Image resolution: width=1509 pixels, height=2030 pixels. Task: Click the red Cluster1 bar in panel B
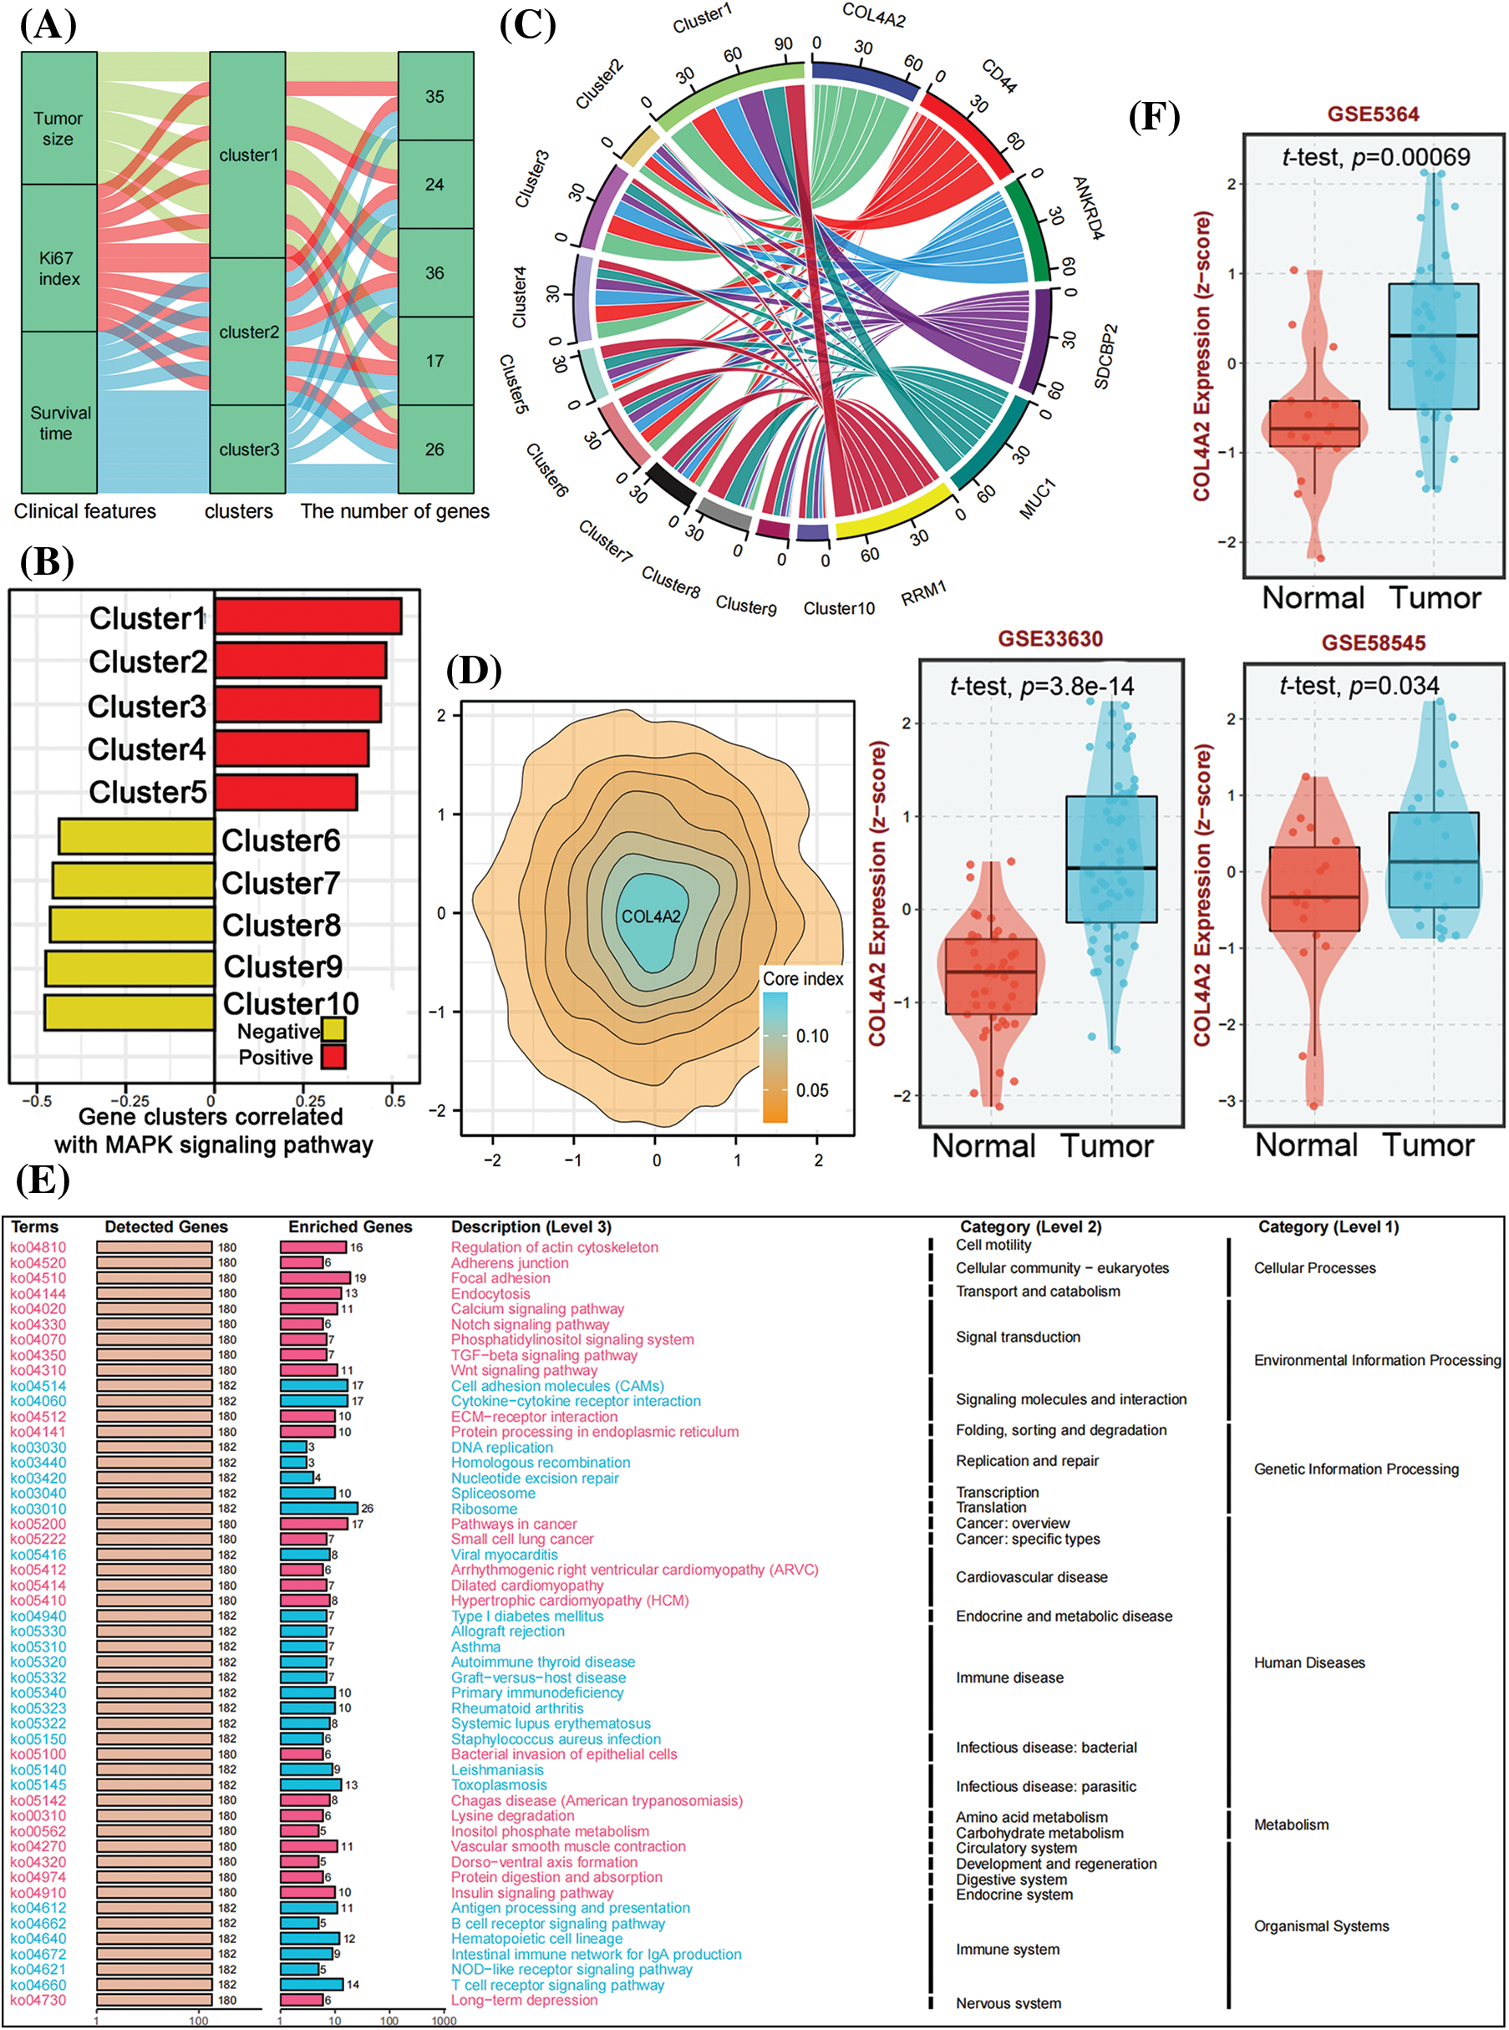pyautogui.click(x=307, y=617)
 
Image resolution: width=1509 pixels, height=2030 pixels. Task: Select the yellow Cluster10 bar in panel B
pyautogui.click(x=130, y=1012)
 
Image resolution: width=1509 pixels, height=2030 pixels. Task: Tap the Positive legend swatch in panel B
pyautogui.click(x=333, y=1058)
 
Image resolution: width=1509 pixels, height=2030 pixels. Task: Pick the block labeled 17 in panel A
pyautogui.click(x=434, y=361)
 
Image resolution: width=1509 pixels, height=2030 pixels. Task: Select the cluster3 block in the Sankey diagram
pyautogui.click(x=247, y=449)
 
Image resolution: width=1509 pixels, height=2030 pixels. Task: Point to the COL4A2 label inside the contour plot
pyautogui.click(x=650, y=916)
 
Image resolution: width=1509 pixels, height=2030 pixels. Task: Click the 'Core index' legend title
pyautogui.click(x=803, y=979)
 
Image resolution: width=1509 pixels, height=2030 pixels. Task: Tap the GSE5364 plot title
pyautogui.click(x=1373, y=114)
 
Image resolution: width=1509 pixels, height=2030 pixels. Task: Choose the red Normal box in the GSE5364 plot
pyautogui.click(x=1313, y=423)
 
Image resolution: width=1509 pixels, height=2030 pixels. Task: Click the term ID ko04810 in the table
pyautogui.click(x=38, y=1247)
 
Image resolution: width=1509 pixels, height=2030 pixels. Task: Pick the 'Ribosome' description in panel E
pyautogui.click(x=484, y=1510)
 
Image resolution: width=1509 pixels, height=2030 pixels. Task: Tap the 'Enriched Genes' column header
pyautogui.click(x=350, y=1226)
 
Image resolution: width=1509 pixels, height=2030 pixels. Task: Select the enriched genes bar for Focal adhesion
pyautogui.click(x=315, y=1278)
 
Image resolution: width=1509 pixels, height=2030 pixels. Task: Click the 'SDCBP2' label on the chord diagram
pyautogui.click(x=1105, y=356)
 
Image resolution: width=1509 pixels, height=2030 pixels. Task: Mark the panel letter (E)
pyautogui.click(x=43, y=1180)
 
